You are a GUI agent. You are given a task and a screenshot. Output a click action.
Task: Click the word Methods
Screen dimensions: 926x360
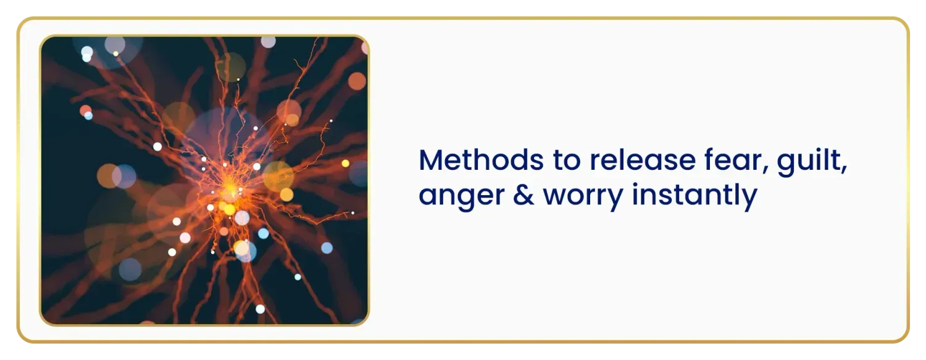pyautogui.click(x=481, y=160)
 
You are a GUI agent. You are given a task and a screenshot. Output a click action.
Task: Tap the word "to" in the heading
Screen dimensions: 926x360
pyautogui.click(x=567, y=161)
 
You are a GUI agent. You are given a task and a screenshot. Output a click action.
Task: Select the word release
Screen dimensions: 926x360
pyautogui.click(x=643, y=160)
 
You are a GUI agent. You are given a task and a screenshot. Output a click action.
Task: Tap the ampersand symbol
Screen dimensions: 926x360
pyautogui.click(x=523, y=195)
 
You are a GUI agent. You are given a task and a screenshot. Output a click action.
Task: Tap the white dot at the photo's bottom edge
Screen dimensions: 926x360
pyautogui.click(x=260, y=309)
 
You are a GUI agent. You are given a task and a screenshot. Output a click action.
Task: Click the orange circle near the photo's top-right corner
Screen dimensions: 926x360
pyautogui.click(x=357, y=81)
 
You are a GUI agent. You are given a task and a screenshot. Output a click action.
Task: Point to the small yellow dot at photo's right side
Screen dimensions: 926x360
pyautogui.click(x=345, y=163)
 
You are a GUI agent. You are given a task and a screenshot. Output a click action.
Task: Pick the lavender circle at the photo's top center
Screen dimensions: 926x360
pyautogui.click(x=269, y=42)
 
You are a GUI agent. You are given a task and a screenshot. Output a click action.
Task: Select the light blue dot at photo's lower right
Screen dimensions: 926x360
pyautogui.click(x=327, y=248)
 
